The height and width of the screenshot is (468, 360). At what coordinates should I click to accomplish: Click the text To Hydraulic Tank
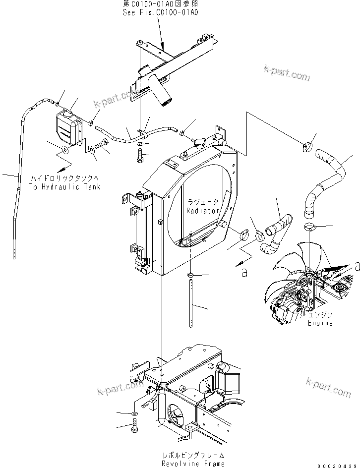pyautogui.click(x=64, y=186)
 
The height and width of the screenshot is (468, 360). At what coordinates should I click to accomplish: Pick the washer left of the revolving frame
pyautogui.click(x=136, y=413)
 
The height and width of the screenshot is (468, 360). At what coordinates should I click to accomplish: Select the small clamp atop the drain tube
pyautogui.click(x=190, y=274)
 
